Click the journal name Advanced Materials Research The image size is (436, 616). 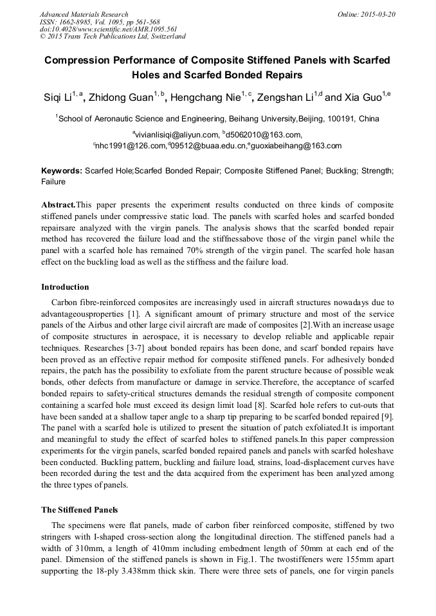pyautogui.click(x=84, y=14)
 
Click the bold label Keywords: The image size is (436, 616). pyautogui.click(x=62, y=171)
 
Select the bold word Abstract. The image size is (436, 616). pyautogui.click(x=58, y=204)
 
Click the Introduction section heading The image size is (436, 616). pyautogui.click(x=65, y=287)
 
